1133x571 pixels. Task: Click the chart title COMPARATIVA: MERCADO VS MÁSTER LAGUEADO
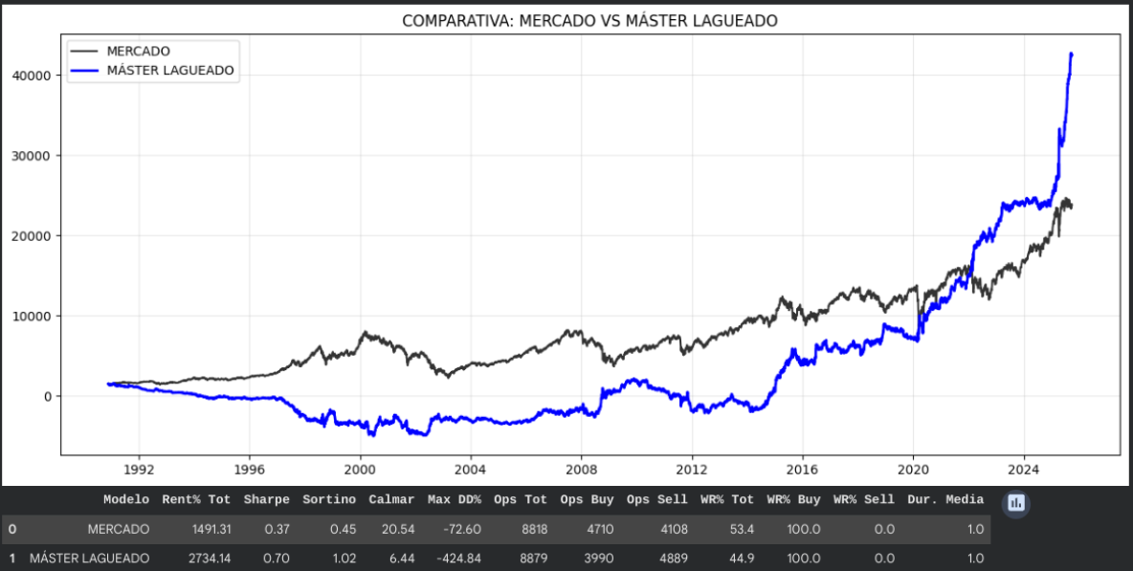pyautogui.click(x=589, y=20)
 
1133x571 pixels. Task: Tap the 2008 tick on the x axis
pyautogui.click(x=581, y=471)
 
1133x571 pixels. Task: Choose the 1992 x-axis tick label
pyautogui.click(x=139, y=471)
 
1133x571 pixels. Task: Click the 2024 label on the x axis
pyautogui.click(x=1023, y=471)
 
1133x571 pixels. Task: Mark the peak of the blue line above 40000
pyautogui.click(x=1071, y=55)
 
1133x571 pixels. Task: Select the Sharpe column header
pyautogui.click(x=266, y=499)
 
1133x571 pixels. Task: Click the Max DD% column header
pyautogui.click(x=454, y=499)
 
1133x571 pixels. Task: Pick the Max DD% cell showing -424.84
pyautogui.click(x=455, y=558)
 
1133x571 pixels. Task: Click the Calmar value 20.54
pyautogui.click(x=398, y=529)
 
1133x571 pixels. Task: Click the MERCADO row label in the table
pyautogui.click(x=118, y=529)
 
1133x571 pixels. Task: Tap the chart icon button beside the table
pyautogui.click(x=1016, y=503)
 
